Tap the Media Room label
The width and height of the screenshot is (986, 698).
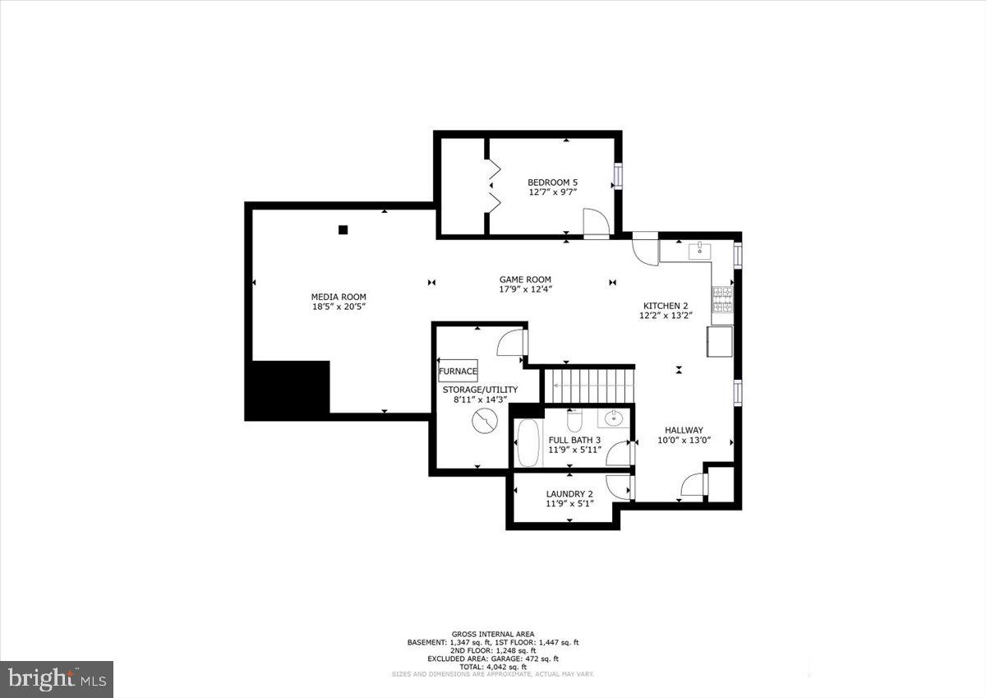point(339,297)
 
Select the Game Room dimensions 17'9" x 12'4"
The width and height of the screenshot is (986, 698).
point(525,289)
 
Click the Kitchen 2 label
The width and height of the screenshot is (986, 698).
point(665,305)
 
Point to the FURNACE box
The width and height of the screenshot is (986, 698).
point(458,371)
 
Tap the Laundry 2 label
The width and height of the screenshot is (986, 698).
point(569,494)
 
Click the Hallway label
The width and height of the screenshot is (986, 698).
point(684,430)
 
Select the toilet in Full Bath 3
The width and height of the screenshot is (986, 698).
point(575,422)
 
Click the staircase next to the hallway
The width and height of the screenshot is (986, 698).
point(592,386)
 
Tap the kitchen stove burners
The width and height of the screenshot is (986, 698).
point(723,300)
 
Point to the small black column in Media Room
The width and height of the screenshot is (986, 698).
point(343,230)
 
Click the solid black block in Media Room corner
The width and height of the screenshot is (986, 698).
point(288,390)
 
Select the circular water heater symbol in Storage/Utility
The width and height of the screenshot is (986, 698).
point(484,423)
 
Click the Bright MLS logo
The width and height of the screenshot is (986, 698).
point(57,679)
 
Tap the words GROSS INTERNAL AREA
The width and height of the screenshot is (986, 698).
point(493,634)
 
